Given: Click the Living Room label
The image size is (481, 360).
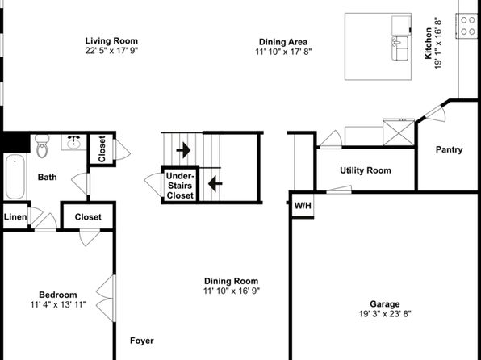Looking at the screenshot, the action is pos(111,41).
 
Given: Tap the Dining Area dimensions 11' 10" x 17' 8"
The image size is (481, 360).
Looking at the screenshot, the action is pos(283,52).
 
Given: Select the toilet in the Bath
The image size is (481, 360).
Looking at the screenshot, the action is pos(42,146).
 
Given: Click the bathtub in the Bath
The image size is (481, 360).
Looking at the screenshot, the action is pos(15,177).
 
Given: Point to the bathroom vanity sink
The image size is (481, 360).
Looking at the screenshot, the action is pos(73,142).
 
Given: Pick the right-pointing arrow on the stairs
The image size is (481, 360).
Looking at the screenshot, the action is pos(183,150).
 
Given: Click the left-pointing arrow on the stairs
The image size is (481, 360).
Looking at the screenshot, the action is pos(215,183).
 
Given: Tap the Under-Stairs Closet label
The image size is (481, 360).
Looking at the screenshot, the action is pos(180,186).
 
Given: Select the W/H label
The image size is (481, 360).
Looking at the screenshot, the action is pos(303,205).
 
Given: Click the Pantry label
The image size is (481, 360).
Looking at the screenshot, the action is pos(449,149).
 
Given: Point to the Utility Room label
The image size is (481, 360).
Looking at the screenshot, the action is pos(366,170).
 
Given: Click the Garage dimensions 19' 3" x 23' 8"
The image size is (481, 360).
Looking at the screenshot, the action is pos(385,314).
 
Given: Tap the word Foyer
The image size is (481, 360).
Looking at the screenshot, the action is pos(142,341).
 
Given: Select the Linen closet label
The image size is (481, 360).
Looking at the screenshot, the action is pos(15,216).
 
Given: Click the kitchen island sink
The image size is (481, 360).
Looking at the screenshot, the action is pos(400,48).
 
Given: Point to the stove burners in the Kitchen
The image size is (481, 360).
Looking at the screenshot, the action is pos(468,26).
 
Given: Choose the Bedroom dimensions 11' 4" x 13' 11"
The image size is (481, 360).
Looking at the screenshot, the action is pos(58,304).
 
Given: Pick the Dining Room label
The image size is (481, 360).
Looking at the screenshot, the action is pos(232,281).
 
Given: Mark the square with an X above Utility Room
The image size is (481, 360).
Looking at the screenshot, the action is pos(399,132).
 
